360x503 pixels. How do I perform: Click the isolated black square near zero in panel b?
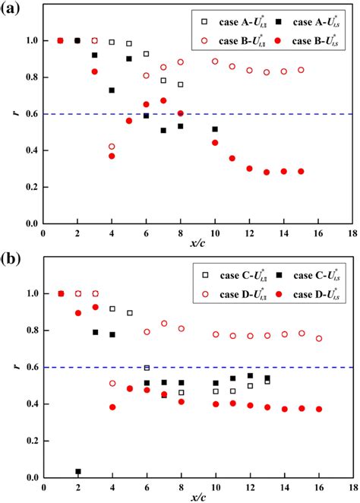click(77, 471)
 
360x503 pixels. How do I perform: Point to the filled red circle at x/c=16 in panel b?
click(319, 409)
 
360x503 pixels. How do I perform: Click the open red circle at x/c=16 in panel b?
click(319, 338)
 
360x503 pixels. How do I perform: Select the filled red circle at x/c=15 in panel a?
click(302, 171)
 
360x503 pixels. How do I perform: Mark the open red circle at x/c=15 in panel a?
click(302, 70)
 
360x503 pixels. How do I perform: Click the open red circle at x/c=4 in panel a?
click(112, 147)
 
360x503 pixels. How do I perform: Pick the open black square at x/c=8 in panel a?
click(181, 84)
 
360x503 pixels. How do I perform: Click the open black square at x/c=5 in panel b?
click(129, 313)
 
